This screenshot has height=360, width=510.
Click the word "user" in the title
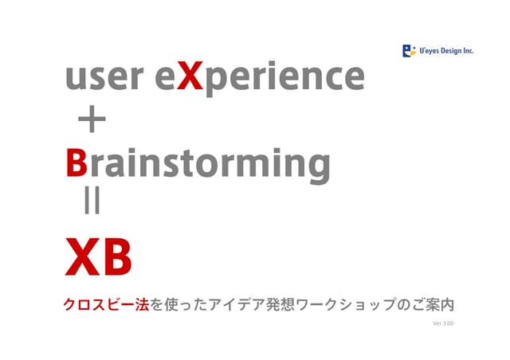(104, 77)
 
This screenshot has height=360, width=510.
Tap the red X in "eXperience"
(190, 76)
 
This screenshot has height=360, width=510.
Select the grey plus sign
(92, 119)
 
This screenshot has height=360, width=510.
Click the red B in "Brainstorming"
(76, 162)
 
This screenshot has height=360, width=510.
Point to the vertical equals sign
(92, 202)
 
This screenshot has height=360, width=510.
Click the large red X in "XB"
(83, 256)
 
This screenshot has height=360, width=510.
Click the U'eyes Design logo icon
(409, 51)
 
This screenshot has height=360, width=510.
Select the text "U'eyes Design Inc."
(446, 51)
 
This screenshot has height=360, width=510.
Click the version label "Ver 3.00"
(443, 323)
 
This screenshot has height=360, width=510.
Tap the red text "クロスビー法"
(106, 305)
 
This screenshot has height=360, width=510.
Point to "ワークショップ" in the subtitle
(346, 305)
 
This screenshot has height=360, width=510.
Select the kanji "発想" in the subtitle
(280, 305)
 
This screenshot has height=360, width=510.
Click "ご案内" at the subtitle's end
(433, 305)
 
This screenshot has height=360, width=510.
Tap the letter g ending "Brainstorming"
(319, 167)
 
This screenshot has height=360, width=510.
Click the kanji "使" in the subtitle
(171, 305)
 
